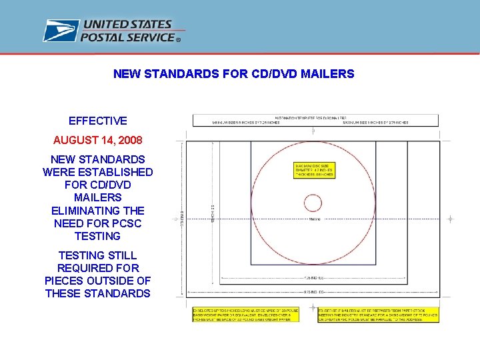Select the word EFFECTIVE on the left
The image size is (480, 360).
pos(97,121)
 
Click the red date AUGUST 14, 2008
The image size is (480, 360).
pos(97,141)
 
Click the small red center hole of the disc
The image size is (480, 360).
pos(313,203)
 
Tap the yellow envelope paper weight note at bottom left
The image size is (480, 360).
pos(245,315)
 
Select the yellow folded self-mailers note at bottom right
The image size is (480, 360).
pos(378,315)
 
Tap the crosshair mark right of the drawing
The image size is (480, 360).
pos(451,219)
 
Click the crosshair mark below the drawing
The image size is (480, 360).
pos(313,307)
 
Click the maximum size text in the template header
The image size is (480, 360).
pos(375,123)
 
